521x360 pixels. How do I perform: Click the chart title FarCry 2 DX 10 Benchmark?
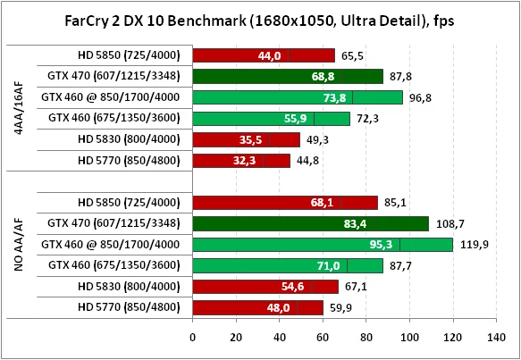point(260,21)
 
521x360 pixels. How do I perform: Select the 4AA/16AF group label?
point(19,108)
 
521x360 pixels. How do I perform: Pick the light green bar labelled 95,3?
point(323,244)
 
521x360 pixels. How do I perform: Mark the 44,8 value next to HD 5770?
point(305,161)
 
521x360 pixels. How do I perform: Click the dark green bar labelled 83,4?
point(310,223)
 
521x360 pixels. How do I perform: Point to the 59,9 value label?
point(337,307)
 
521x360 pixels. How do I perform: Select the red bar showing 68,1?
point(285,202)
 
